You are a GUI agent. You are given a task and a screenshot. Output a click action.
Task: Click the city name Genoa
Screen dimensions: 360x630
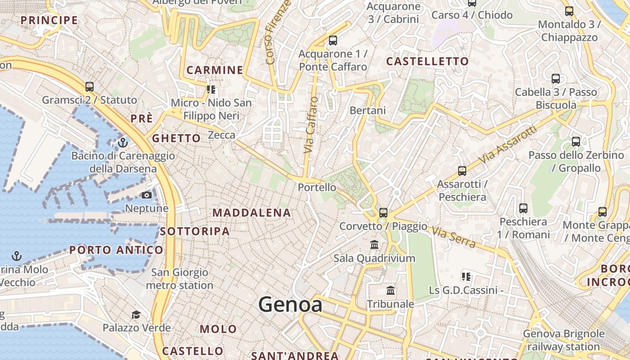coord(290,305)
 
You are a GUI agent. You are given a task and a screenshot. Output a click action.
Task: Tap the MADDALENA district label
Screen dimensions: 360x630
coord(252,213)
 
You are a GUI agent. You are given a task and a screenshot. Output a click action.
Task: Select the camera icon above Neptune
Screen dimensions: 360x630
coord(147,195)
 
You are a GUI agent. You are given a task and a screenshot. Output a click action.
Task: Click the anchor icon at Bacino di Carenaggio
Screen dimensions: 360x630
coord(123,143)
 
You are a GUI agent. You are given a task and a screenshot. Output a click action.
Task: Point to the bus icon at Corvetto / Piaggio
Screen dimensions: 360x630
coord(383,212)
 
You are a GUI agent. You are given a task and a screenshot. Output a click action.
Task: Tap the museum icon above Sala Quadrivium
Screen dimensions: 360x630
coord(374,245)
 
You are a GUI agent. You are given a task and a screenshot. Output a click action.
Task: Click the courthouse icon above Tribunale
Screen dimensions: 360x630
coord(391,291)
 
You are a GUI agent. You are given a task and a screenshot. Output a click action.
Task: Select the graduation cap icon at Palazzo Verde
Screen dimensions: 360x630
coord(136,314)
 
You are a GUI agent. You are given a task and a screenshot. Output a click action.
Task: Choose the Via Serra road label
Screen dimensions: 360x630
coord(454,237)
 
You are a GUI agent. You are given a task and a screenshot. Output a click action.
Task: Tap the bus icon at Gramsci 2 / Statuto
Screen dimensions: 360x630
coord(90,86)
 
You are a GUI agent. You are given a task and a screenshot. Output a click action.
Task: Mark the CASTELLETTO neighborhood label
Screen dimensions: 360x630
coord(427,61)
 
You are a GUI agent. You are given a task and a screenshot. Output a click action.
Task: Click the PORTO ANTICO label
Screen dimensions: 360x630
coord(116,250)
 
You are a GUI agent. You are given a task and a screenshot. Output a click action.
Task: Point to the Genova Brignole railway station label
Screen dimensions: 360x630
coord(563,340)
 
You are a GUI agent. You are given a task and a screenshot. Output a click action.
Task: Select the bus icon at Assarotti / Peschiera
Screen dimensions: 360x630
coord(462,171)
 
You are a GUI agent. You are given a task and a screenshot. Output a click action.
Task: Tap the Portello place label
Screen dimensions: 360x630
coord(317,187)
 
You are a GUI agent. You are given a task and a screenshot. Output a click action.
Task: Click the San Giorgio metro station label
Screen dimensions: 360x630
coord(180,279)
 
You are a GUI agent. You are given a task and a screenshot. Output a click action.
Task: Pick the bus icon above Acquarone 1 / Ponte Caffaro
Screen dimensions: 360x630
coord(333,40)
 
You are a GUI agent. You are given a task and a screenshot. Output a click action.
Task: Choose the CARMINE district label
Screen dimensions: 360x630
coord(215,70)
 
